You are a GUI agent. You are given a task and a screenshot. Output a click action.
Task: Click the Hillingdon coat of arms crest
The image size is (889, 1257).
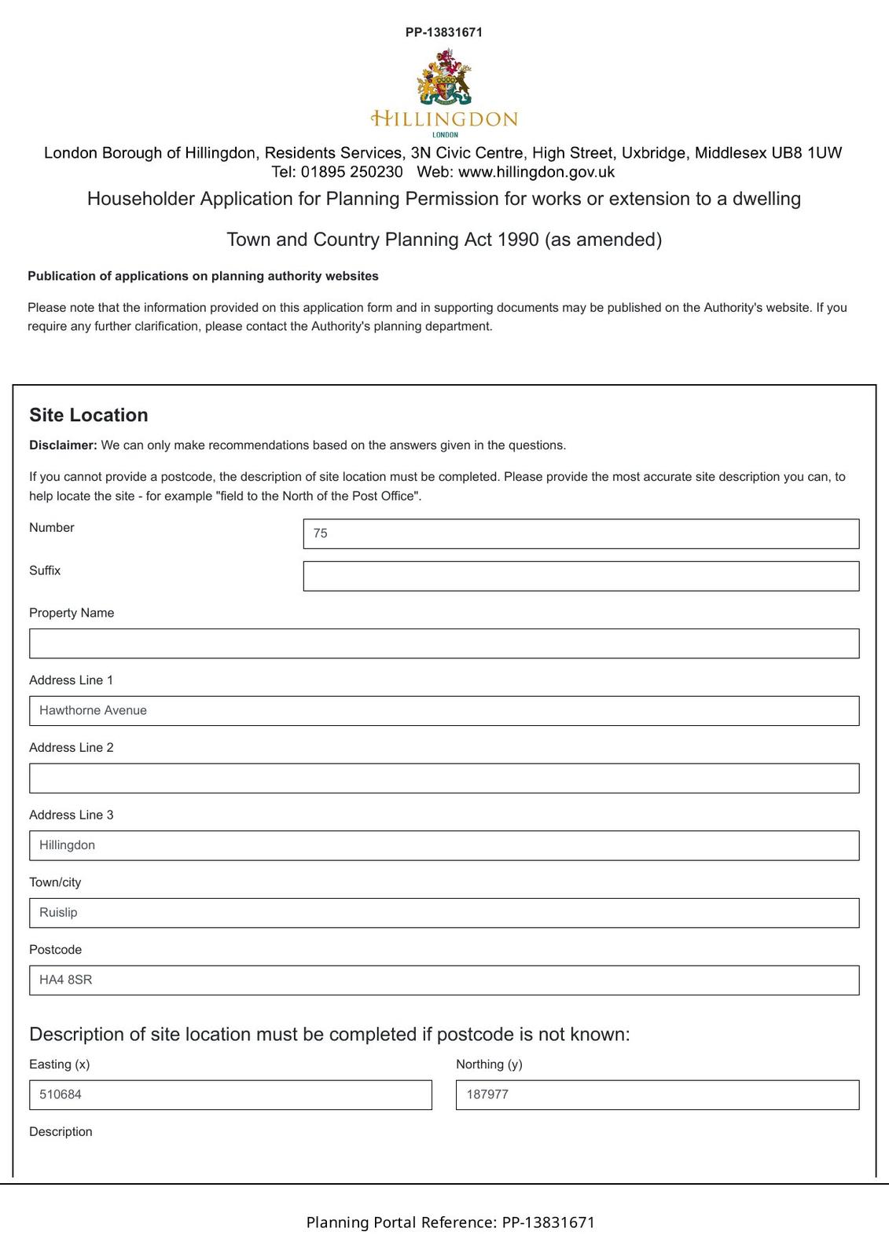click(445, 77)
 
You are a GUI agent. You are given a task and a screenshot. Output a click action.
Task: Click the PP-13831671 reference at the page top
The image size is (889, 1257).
click(444, 32)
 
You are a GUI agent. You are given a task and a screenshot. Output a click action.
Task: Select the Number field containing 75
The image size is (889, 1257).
click(581, 533)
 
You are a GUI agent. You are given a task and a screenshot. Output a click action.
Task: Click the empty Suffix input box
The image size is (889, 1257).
click(581, 576)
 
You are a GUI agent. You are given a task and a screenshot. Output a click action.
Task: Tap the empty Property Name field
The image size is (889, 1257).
click(444, 643)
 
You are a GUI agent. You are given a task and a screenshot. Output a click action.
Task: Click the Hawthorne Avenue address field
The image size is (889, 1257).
click(444, 711)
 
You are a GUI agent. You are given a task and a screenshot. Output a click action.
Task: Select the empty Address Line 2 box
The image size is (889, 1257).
click(444, 779)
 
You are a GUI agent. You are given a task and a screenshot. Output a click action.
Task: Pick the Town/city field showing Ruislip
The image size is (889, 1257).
click(444, 913)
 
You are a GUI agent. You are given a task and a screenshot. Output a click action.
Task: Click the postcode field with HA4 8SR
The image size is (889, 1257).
click(444, 980)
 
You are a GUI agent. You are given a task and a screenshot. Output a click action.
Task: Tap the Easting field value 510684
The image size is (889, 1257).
click(230, 1095)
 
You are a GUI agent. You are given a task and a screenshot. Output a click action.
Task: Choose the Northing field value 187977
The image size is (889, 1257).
click(657, 1095)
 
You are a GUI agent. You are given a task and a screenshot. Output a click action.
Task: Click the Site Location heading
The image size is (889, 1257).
click(89, 416)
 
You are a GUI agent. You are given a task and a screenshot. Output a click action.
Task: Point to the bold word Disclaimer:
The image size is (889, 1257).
click(63, 445)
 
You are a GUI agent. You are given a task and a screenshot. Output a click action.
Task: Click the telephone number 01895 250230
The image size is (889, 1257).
click(351, 172)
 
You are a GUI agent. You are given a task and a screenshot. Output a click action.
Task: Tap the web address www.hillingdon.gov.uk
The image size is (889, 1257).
click(536, 172)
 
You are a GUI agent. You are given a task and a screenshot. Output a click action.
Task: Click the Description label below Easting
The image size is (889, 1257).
click(61, 1132)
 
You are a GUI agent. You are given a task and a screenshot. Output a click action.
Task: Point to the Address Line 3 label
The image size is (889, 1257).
click(72, 815)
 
